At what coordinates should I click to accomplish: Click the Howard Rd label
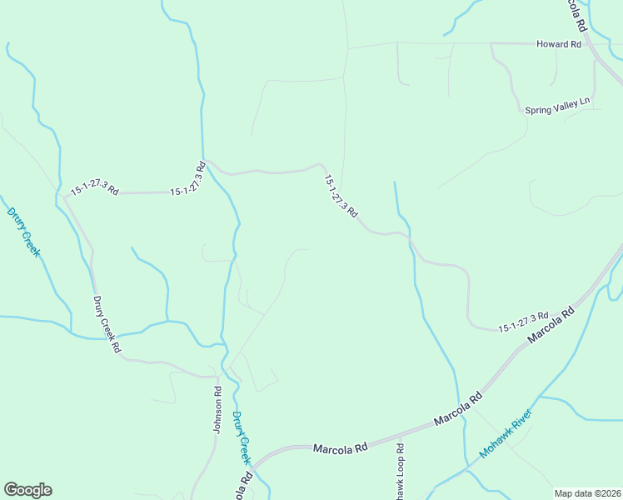(558, 44)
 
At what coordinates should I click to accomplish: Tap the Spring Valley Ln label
(557, 107)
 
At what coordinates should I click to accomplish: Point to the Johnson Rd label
(217, 408)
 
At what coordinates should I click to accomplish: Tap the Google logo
(27, 490)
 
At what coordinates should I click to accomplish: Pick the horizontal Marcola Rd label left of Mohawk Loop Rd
(340, 448)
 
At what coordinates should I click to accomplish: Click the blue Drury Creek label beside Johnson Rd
(241, 437)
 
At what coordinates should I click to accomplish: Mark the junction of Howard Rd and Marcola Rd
(591, 43)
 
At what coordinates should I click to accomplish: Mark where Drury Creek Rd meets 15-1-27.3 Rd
(65, 196)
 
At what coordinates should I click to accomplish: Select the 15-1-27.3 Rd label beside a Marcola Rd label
(523, 322)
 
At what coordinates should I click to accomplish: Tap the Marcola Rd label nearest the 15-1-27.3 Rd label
(551, 326)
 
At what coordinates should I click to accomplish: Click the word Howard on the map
(551, 44)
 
